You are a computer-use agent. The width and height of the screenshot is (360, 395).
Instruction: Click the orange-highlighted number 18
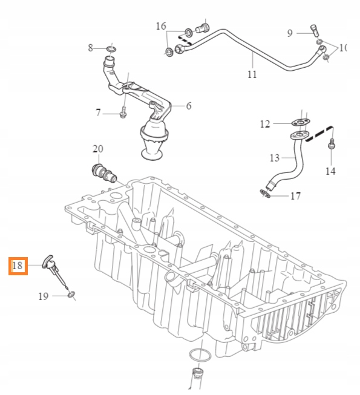pos(17,266)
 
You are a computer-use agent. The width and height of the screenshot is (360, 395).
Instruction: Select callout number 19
pos(43,296)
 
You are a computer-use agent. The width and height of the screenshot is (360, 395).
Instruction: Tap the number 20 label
pos(97,149)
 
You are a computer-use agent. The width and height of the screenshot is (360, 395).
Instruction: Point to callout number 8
pos(91,47)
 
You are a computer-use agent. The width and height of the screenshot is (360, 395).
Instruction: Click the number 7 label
pos(98,113)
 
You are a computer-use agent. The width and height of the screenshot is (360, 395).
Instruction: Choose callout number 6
pos(188,106)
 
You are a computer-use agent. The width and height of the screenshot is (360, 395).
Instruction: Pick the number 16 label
pos(160,26)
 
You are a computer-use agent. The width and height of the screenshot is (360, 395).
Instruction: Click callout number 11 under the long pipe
pos(252,74)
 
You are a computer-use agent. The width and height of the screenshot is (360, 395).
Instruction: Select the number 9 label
pos(290,33)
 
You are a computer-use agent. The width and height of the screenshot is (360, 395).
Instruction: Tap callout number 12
pos(265,124)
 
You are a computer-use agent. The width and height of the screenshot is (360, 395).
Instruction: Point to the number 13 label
pos(275,158)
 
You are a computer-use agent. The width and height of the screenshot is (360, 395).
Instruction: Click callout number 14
pos(330,171)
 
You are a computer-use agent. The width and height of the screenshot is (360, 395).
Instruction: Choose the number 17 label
pos(295,196)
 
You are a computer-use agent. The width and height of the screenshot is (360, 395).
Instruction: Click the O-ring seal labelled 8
pos(112,48)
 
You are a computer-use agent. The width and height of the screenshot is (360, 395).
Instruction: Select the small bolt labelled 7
pos(123,113)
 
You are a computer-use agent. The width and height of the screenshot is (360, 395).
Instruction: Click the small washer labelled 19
pos(72,295)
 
